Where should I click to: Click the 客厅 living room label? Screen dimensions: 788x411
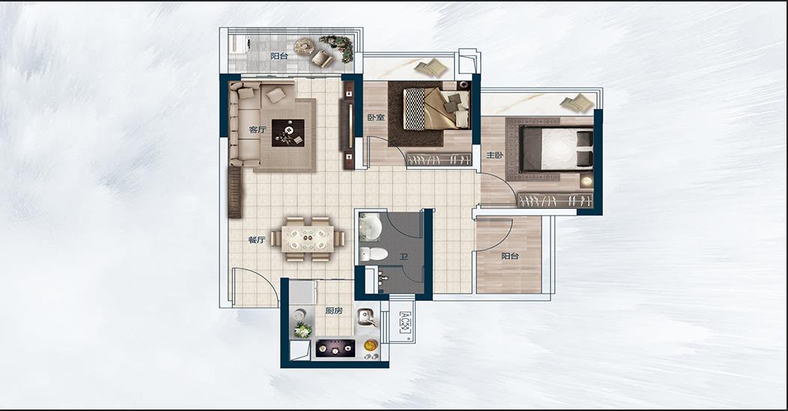click(x=257, y=130)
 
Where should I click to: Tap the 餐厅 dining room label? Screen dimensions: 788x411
click(x=256, y=240)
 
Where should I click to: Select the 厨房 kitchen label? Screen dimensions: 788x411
click(x=333, y=311)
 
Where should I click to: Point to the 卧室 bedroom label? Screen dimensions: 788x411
click(x=376, y=118)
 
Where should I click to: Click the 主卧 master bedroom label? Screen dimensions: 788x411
click(x=494, y=155)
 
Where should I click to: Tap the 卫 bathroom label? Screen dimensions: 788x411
click(x=404, y=257)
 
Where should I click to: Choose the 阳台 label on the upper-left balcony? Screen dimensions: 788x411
click(x=279, y=56)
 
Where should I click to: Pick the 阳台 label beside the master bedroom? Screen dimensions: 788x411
click(x=510, y=256)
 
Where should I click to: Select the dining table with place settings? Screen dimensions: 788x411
click(x=307, y=239)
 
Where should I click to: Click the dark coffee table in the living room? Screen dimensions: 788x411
click(x=288, y=133)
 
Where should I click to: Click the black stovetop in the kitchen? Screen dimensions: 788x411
click(x=336, y=348)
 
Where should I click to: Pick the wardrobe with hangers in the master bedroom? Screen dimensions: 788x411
click(x=555, y=201)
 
